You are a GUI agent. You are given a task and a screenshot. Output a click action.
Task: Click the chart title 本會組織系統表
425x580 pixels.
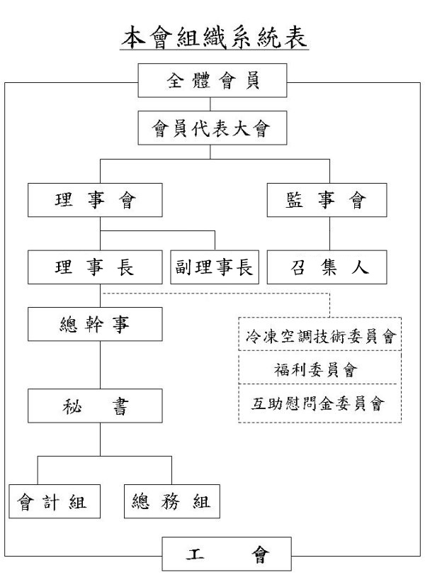pos(215,37)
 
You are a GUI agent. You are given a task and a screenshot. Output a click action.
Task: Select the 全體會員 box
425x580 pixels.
pos(212,80)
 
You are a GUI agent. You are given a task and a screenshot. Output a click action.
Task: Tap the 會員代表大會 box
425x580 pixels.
pos(212,128)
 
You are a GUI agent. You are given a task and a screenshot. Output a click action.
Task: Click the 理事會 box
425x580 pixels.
pos(95,200)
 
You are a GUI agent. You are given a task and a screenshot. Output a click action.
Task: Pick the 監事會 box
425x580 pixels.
pos(327,200)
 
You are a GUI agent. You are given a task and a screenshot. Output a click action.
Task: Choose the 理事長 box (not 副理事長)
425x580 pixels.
pos(95,267)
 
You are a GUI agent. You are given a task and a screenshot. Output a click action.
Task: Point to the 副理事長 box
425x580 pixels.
pos(215,267)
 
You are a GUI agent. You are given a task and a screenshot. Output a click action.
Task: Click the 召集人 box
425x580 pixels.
pos(327,267)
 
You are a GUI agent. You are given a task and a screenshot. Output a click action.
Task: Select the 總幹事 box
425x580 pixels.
pos(95,324)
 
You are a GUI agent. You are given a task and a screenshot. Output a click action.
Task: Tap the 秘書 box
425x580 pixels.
pos(95,406)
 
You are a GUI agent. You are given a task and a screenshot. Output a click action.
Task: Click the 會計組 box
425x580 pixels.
pos(55,501)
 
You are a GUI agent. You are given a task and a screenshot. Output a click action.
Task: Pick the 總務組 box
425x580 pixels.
pos(172,501)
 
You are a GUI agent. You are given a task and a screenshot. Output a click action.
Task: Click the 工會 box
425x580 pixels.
pos(227,554)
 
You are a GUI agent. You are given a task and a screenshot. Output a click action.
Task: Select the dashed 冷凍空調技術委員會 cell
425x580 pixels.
pos(320,334)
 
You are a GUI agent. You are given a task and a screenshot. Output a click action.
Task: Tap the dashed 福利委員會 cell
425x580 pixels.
pos(320,367)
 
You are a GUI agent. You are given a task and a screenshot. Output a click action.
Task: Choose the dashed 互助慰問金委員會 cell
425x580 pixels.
pos(320,403)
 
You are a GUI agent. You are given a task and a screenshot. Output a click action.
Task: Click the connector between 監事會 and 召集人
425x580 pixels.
pos(329,234)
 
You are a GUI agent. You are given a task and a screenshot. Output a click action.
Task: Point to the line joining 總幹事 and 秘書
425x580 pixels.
pos(100,365)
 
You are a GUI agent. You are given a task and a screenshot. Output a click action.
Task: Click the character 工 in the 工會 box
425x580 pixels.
pos(195,554)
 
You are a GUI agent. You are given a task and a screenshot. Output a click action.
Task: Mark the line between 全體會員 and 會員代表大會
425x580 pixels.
pos(210,104)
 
